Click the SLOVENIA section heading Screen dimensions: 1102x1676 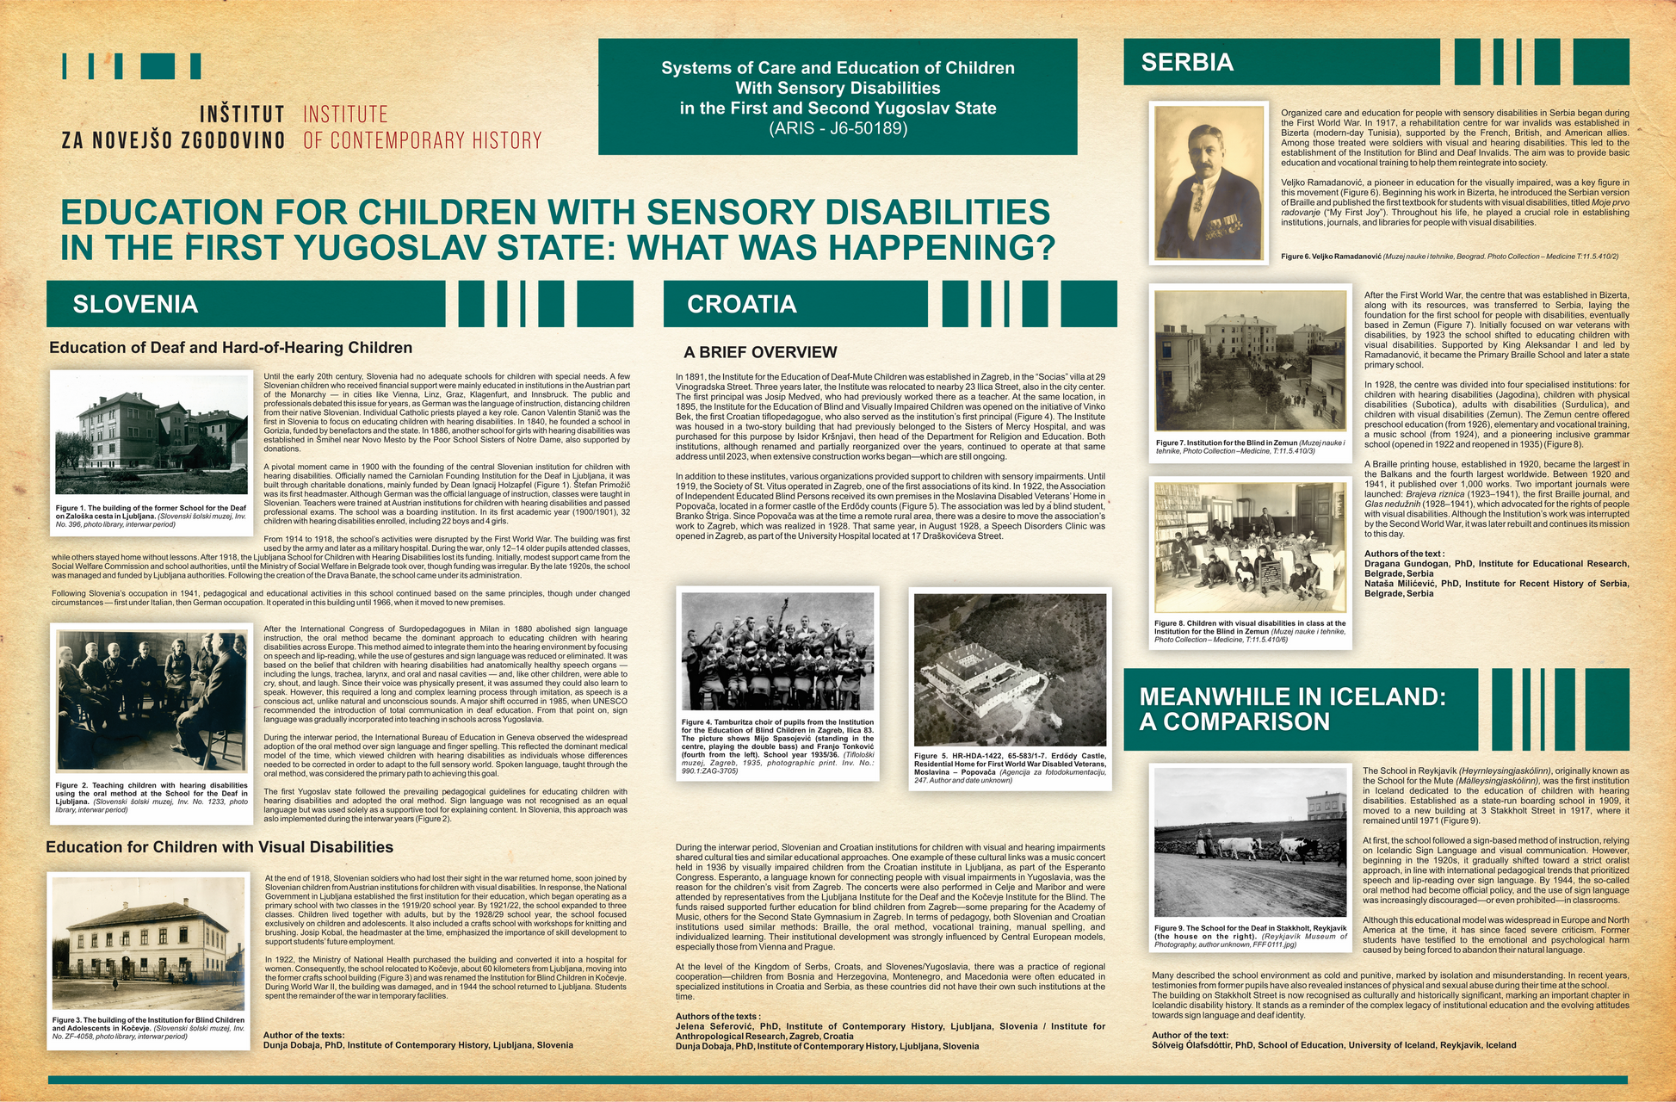coord(135,304)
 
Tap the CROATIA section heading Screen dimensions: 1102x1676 coord(741,304)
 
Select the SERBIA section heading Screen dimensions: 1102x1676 coord(1187,62)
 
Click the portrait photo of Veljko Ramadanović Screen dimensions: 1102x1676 coord(1208,183)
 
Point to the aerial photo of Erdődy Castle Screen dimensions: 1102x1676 coord(1010,669)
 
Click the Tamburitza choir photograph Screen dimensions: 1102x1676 coord(777,652)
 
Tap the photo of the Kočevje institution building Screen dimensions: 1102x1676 coord(148,943)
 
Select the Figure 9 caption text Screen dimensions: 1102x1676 coord(1250,936)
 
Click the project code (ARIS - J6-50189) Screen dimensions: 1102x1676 coord(838,128)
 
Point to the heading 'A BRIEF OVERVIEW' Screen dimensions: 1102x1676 coord(760,352)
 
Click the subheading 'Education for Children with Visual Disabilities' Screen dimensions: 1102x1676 coord(220,847)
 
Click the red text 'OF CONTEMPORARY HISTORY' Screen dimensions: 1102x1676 coord(423,140)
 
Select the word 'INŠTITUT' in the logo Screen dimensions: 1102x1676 coord(242,115)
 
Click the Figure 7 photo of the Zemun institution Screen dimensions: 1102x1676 coord(1250,361)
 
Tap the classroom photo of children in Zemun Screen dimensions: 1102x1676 coord(1250,548)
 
